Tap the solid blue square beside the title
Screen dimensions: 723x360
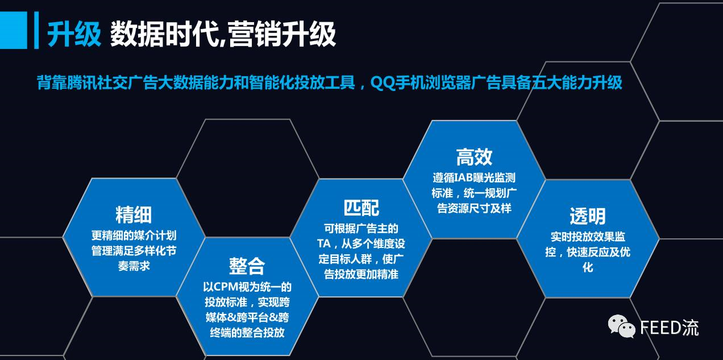14,30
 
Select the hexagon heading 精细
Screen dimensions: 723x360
134,215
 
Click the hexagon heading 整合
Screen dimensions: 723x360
247,266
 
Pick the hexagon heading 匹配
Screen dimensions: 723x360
361,208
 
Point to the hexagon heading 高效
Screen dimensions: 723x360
474,157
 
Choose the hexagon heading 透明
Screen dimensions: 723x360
588,216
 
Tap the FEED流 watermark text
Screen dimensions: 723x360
669,328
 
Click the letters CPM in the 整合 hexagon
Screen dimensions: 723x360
226,287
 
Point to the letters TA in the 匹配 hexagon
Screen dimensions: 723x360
324,243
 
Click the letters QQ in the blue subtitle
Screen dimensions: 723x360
383,83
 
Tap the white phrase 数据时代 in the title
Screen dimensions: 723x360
165,34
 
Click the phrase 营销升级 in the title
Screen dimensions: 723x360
282,34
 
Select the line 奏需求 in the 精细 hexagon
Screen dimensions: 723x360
134,266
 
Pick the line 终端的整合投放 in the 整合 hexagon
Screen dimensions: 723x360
247,332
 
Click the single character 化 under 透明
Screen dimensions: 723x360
588,267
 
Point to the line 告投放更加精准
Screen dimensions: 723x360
361,274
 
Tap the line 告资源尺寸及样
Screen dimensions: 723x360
474,208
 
